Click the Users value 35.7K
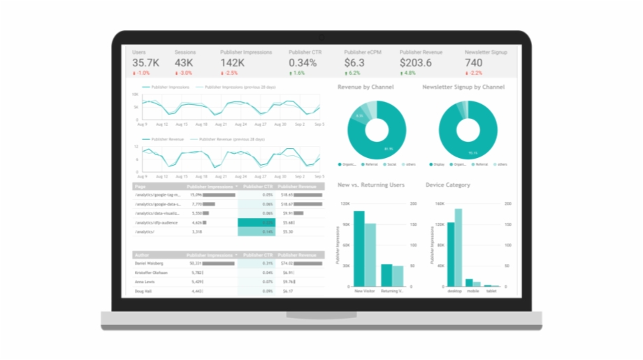click(145, 63)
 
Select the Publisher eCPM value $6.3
click(354, 63)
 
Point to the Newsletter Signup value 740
click(474, 63)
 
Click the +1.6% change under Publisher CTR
click(298, 73)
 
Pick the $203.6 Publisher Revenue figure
click(416, 63)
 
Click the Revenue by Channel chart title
click(365, 87)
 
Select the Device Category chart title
click(447, 185)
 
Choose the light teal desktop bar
click(458, 247)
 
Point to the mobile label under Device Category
click(473, 291)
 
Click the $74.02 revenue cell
click(287, 263)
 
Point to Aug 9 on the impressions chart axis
click(142, 124)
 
